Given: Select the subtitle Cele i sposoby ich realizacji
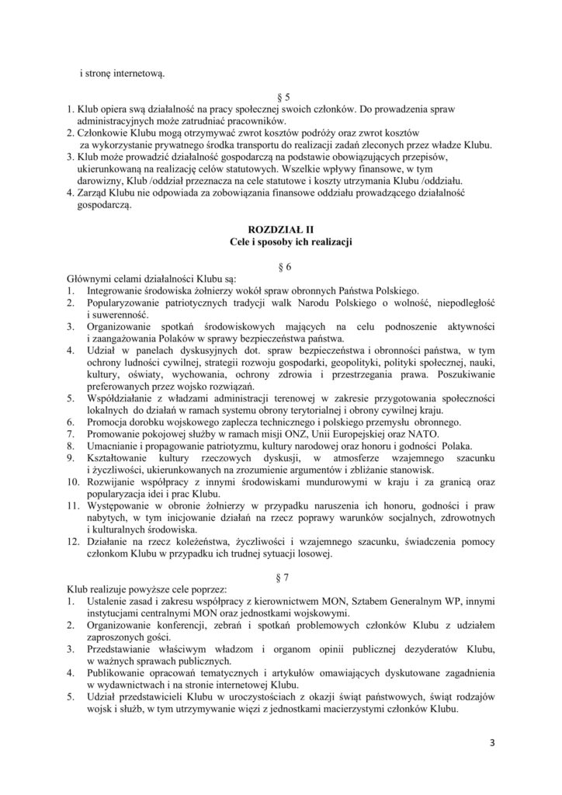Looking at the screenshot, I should point(280,244).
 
